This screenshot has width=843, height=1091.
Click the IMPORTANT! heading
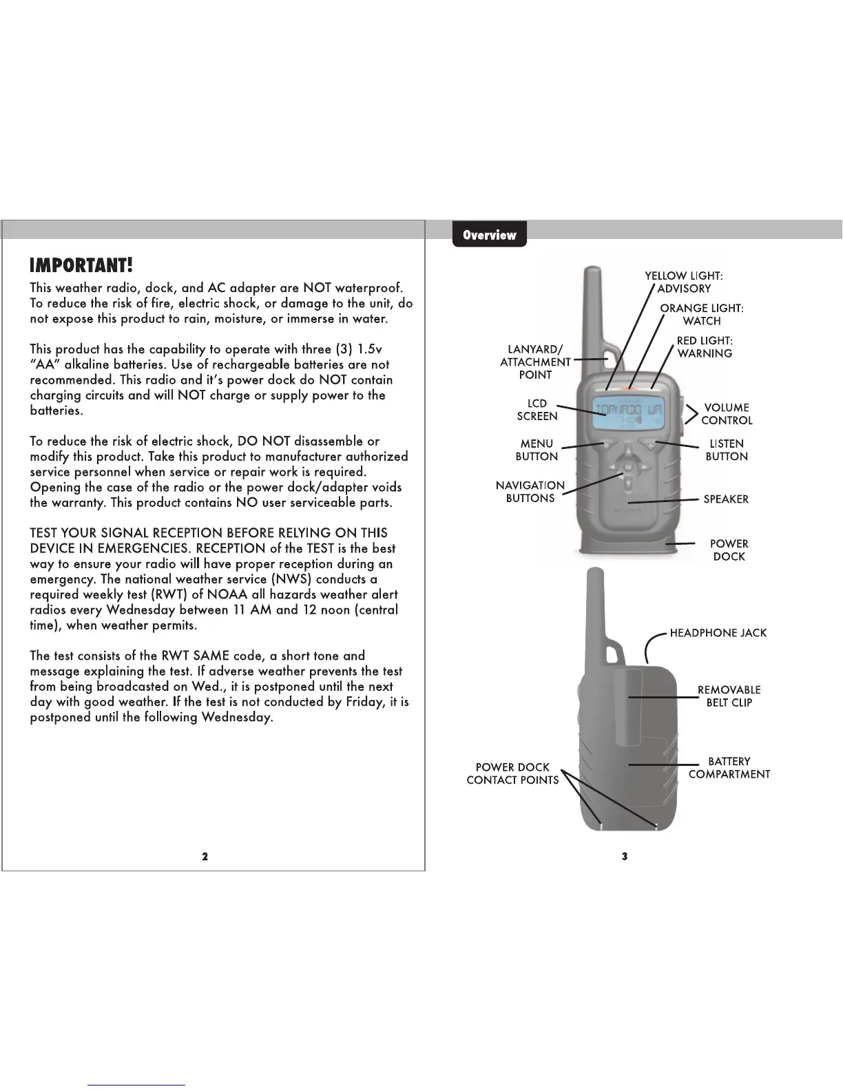click(x=81, y=265)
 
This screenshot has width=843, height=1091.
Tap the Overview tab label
click(x=489, y=235)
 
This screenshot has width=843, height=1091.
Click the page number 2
click(x=205, y=856)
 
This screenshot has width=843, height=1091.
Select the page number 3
click(x=624, y=856)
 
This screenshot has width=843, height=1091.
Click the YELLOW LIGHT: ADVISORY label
click(x=683, y=282)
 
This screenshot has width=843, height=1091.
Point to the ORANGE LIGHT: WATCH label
click(x=702, y=315)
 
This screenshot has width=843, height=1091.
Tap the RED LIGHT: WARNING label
click(x=705, y=347)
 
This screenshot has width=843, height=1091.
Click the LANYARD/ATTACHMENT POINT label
click(x=535, y=362)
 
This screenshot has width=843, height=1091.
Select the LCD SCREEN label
click(x=537, y=410)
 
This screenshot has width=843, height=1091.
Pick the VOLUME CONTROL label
click(x=727, y=414)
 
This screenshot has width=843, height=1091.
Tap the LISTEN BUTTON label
click(x=727, y=450)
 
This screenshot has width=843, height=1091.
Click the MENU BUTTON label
click(x=537, y=450)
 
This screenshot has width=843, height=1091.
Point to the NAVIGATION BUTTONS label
click(x=530, y=492)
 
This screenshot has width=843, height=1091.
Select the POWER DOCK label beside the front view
click(x=729, y=550)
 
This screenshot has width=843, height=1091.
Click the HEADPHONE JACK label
click(x=718, y=633)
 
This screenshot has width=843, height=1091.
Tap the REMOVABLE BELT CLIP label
click(x=729, y=696)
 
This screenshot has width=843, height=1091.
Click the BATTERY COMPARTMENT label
click(x=729, y=767)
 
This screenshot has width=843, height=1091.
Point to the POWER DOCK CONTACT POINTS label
click(x=512, y=773)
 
